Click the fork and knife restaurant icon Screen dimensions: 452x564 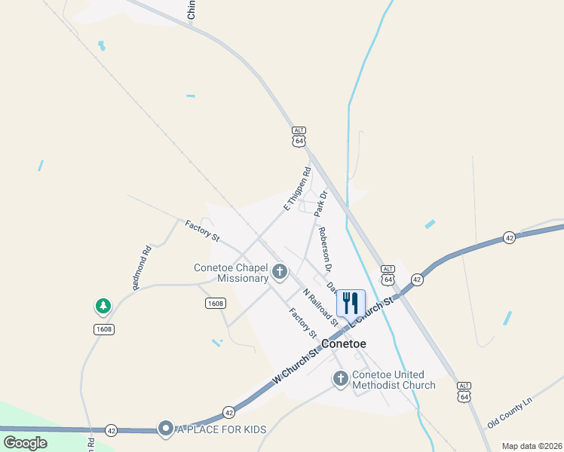[x=351, y=303]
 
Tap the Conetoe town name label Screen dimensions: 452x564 [x=344, y=344]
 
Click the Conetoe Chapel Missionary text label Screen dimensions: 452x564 [x=231, y=273]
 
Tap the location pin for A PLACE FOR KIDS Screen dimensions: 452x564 [x=166, y=429]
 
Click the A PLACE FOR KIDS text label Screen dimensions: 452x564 [x=222, y=429]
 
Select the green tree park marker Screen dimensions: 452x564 [x=103, y=306]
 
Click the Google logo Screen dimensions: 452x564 [x=26, y=443]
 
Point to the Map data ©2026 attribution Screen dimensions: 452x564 [x=531, y=446]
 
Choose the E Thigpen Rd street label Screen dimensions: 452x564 [x=297, y=188]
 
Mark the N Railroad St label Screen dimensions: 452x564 [x=320, y=307]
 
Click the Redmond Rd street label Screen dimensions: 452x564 [x=143, y=267]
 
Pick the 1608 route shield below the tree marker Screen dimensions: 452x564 [x=104, y=329]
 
